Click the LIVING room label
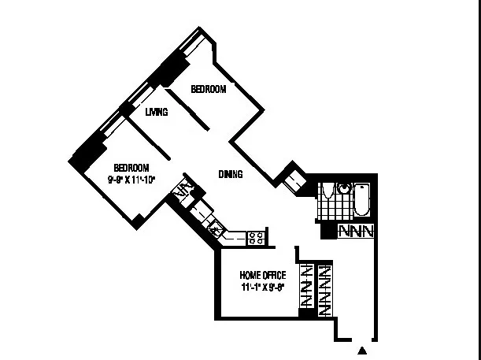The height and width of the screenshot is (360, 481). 157,113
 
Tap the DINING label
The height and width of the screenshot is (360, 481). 230,174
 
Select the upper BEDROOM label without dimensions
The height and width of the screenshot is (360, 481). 209,90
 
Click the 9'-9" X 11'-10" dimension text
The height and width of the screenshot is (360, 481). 131,179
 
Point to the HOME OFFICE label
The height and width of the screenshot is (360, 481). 263,275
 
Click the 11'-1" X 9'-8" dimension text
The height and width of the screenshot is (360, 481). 263,287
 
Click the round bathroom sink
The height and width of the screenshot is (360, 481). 343,188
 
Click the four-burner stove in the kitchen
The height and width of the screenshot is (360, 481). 256,236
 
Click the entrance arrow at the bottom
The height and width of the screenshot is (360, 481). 363,349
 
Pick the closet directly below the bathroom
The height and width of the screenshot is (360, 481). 357,232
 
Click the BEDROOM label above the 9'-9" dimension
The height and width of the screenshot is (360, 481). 131,167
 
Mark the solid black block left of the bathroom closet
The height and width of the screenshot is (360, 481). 327,232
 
